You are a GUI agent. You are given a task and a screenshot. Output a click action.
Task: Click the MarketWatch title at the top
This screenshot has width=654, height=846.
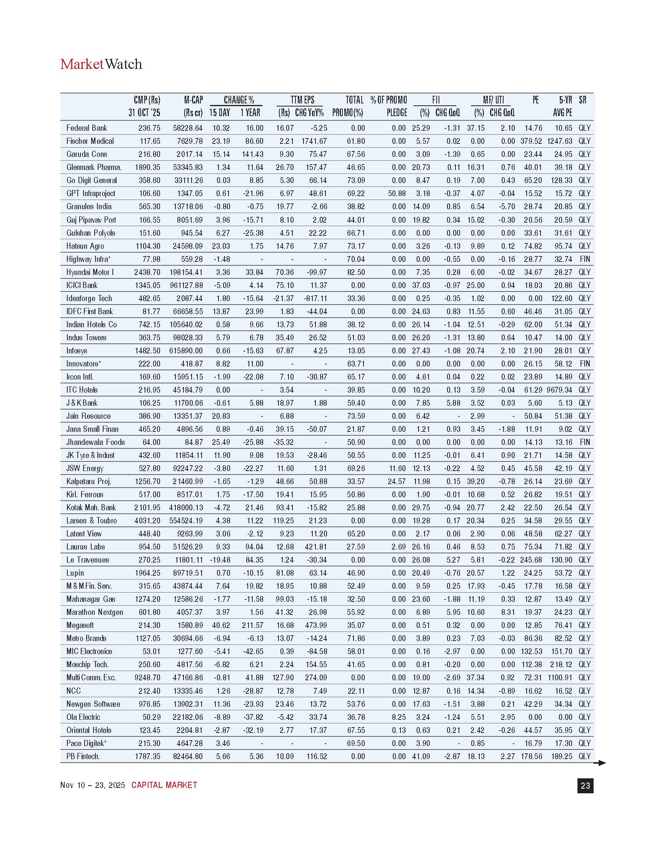pyautogui.click(x=101, y=64)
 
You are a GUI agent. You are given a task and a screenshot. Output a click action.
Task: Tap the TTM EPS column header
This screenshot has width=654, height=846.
pyautogui.click(x=302, y=100)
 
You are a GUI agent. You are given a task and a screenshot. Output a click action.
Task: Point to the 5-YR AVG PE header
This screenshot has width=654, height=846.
pyautogui.click(x=564, y=106)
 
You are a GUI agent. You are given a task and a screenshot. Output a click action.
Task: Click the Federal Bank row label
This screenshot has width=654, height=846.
pyautogui.click(x=87, y=128)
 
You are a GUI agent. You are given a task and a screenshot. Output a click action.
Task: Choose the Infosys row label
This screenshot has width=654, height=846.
pyautogui.click(x=77, y=351)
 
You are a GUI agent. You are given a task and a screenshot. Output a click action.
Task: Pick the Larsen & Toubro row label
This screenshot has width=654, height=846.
pyautogui.click(x=92, y=521)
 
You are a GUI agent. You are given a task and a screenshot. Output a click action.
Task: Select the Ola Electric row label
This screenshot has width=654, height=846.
pyautogui.click(x=83, y=717)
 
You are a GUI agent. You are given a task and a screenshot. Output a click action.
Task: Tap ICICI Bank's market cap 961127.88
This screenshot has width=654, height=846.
pyautogui.click(x=186, y=285)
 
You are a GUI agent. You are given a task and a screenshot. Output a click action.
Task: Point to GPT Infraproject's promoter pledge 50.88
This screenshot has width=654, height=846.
pyautogui.click(x=397, y=193)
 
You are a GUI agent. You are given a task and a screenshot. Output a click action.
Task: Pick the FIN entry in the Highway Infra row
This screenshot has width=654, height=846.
pyautogui.click(x=585, y=259)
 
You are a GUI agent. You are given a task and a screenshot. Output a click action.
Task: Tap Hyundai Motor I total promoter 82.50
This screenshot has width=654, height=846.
pyautogui.click(x=356, y=272)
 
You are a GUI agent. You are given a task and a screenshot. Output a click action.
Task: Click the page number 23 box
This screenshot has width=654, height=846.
pyautogui.click(x=585, y=786)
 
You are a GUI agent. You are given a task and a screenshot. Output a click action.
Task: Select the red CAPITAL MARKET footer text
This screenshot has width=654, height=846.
pyautogui.click(x=164, y=785)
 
